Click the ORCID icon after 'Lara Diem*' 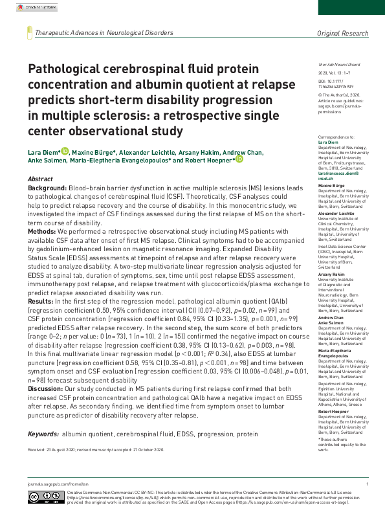(x=65, y=151)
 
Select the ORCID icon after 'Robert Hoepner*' (x=239, y=160)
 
